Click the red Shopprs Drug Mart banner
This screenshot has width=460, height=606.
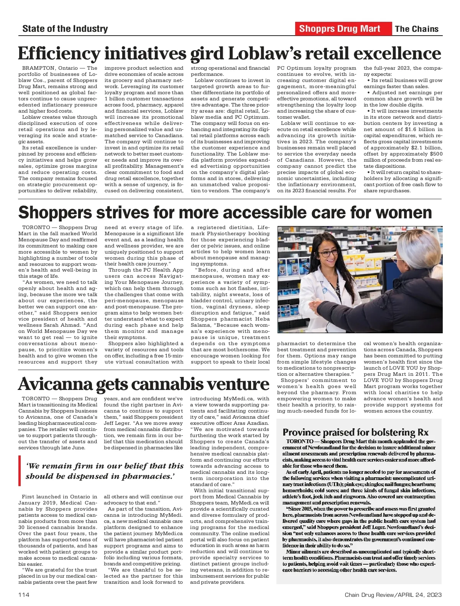340,29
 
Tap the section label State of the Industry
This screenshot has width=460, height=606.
65,29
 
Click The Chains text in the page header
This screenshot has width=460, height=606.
417,29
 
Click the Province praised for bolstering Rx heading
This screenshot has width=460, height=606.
355,432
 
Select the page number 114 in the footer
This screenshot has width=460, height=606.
24,595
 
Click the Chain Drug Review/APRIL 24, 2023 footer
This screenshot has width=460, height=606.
393,595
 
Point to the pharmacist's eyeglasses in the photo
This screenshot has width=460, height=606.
329,253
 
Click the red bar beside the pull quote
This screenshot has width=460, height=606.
20,471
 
